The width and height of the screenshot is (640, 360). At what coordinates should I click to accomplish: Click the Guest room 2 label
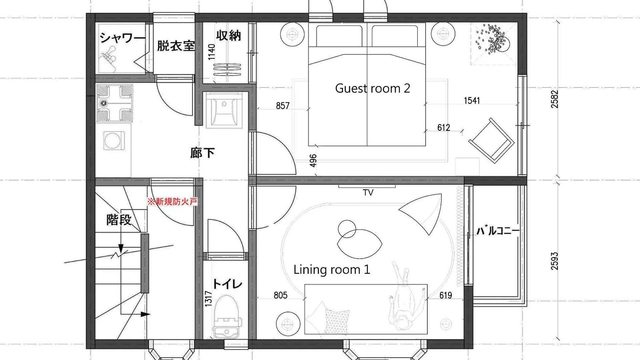(x=372, y=88)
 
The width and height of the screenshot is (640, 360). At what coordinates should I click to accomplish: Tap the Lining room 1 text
(x=332, y=269)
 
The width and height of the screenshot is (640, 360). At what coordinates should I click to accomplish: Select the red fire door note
(x=172, y=201)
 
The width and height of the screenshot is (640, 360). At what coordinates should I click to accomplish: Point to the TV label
(x=368, y=193)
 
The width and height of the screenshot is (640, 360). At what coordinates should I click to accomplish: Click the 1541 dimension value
(x=472, y=100)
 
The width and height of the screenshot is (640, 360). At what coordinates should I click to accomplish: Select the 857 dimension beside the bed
(x=283, y=106)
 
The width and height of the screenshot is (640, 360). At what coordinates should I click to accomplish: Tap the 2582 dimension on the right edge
(x=554, y=99)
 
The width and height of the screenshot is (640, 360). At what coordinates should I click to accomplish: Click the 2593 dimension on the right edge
(x=554, y=261)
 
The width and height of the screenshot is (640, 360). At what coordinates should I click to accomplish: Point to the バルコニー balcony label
(x=498, y=230)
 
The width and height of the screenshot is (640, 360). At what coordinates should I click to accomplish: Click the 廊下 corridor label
(x=202, y=153)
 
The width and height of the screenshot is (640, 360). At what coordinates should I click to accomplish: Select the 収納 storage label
(x=228, y=35)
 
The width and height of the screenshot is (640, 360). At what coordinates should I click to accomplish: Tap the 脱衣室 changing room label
(x=176, y=46)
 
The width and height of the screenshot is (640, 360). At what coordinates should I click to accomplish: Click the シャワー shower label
(x=122, y=37)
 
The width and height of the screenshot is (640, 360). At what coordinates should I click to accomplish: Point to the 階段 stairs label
(x=119, y=220)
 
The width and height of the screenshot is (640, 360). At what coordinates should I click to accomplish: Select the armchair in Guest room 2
(x=491, y=140)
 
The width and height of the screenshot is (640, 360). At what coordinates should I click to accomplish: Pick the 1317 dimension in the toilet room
(x=208, y=298)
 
